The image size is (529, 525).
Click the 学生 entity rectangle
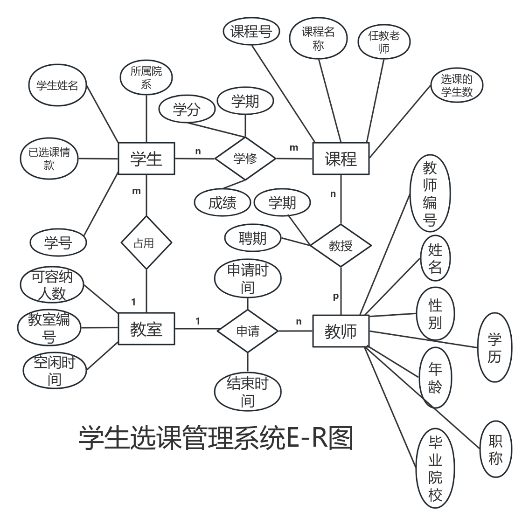(x=146, y=159)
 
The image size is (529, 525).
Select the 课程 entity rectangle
(x=341, y=159)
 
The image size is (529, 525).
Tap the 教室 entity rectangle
(x=146, y=330)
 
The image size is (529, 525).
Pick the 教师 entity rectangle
(x=341, y=331)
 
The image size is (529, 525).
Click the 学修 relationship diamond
(x=245, y=159)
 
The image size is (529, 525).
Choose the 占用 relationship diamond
(x=146, y=243)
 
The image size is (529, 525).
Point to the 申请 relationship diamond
(x=248, y=331)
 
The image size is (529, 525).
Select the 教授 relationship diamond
(x=341, y=245)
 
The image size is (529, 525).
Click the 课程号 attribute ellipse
(x=251, y=32)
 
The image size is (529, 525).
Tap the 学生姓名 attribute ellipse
(x=57, y=86)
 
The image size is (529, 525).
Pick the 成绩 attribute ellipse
(x=223, y=203)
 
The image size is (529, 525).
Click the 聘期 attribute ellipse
(x=252, y=238)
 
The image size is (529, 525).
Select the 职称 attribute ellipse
(x=495, y=449)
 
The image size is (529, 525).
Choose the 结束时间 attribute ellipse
(x=247, y=392)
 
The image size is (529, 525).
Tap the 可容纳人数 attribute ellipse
(x=52, y=285)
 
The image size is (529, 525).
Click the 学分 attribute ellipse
(x=187, y=110)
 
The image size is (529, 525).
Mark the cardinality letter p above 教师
(x=335, y=297)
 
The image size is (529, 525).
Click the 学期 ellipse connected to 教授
(x=282, y=203)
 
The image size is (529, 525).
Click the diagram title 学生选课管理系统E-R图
(x=216, y=438)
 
